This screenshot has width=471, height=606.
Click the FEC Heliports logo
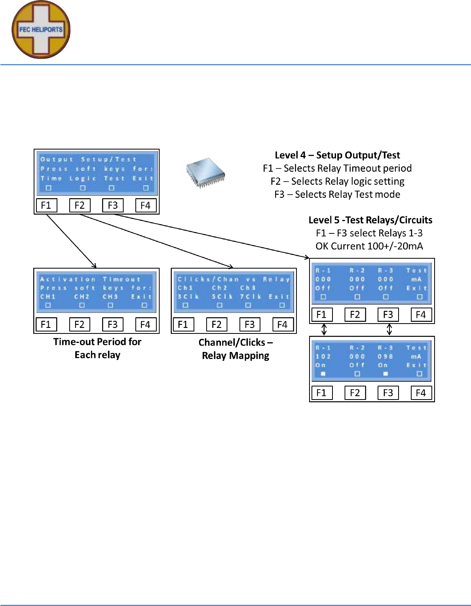[x=41, y=30]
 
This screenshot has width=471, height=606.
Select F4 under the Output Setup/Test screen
[x=146, y=205]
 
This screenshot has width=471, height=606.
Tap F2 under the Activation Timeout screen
[x=80, y=324]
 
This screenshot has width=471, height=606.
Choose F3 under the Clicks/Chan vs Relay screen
[x=250, y=324]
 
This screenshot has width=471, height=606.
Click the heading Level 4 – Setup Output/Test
[x=337, y=155]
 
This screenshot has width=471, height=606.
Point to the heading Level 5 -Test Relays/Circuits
[x=370, y=220]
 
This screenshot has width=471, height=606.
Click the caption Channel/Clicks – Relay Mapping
[x=235, y=349]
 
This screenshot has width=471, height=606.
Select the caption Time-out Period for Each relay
[x=97, y=348]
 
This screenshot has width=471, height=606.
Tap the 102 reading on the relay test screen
[x=323, y=356]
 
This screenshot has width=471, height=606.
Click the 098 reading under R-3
[x=385, y=356]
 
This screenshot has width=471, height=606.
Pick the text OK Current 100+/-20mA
[x=369, y=246]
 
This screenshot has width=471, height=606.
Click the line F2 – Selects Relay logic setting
[x=337, y=181]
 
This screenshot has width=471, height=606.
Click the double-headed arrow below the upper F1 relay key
[x=324, y=329]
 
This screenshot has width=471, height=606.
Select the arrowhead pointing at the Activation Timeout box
[x=94, y=266]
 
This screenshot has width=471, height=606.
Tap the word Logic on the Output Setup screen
[x=83, y=178]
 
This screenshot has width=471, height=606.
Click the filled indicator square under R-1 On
[x=323, y=374]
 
